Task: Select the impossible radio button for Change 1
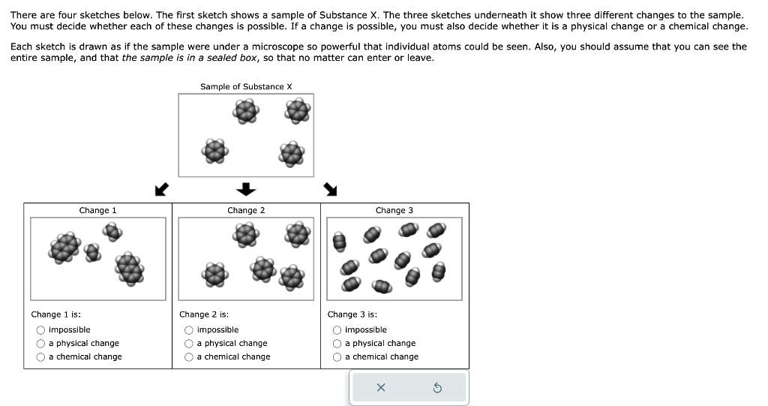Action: (40, 330)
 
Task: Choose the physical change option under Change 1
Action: (40, 344)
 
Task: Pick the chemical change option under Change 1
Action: (40, 357)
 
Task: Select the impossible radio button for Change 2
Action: (189, 330)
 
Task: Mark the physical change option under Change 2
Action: (189, 344)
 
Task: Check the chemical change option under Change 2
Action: (189, 357)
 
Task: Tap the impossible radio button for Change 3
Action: (337, 330)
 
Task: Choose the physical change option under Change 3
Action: (337, 344)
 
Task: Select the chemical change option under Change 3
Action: (337, 357)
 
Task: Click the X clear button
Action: (380, 387)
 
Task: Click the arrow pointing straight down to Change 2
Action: (247, 188)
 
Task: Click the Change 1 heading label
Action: (97, 211)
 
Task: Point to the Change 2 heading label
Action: (246, 211)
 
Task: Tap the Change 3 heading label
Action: (394, 211)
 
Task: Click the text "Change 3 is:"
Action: (352, 314)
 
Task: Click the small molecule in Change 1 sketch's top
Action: (112, 232)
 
